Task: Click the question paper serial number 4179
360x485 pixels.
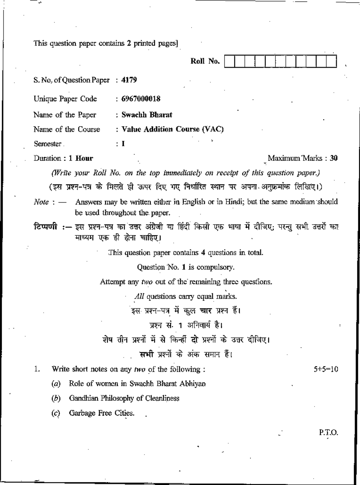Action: (x=129, y=80)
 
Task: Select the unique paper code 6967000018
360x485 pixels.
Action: (x=141, y=99)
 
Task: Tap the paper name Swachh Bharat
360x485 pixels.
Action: (x=147, y=115)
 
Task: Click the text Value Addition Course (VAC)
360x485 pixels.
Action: (x=172, y=129)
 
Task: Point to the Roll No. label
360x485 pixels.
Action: (x=205, y=61)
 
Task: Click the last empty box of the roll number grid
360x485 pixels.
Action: (x=331, y=61)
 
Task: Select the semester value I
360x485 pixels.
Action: (x=123, y=144)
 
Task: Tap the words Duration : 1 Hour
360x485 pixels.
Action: (x=63, y=158)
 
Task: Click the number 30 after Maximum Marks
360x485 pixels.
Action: (x=334, y=158)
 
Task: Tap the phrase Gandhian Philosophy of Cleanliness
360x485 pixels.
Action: (x=124, y=399)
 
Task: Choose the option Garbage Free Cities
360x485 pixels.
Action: (x=101, y=413)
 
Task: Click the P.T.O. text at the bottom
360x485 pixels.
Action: (x=328, y=433)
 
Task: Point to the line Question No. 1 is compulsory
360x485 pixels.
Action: (x=185, y=267)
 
